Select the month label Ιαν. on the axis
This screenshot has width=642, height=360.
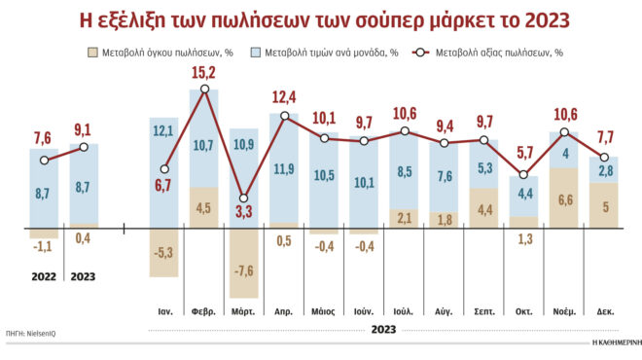(x=165, y=311)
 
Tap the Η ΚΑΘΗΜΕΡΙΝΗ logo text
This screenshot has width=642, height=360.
(x=614, y=343)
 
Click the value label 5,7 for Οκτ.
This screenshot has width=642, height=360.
(x=524, y=153)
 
